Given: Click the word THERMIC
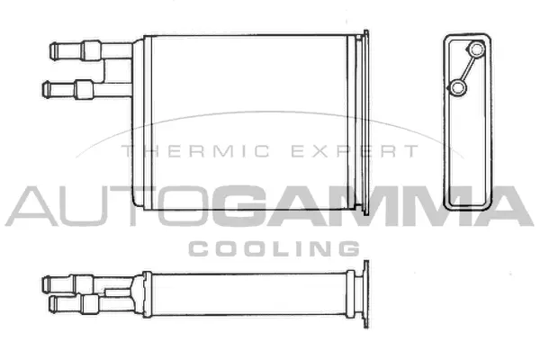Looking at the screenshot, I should click(174, 153).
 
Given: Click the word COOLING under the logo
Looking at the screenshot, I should click(274, 247).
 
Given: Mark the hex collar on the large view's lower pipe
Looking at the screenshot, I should click(84, 88).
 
